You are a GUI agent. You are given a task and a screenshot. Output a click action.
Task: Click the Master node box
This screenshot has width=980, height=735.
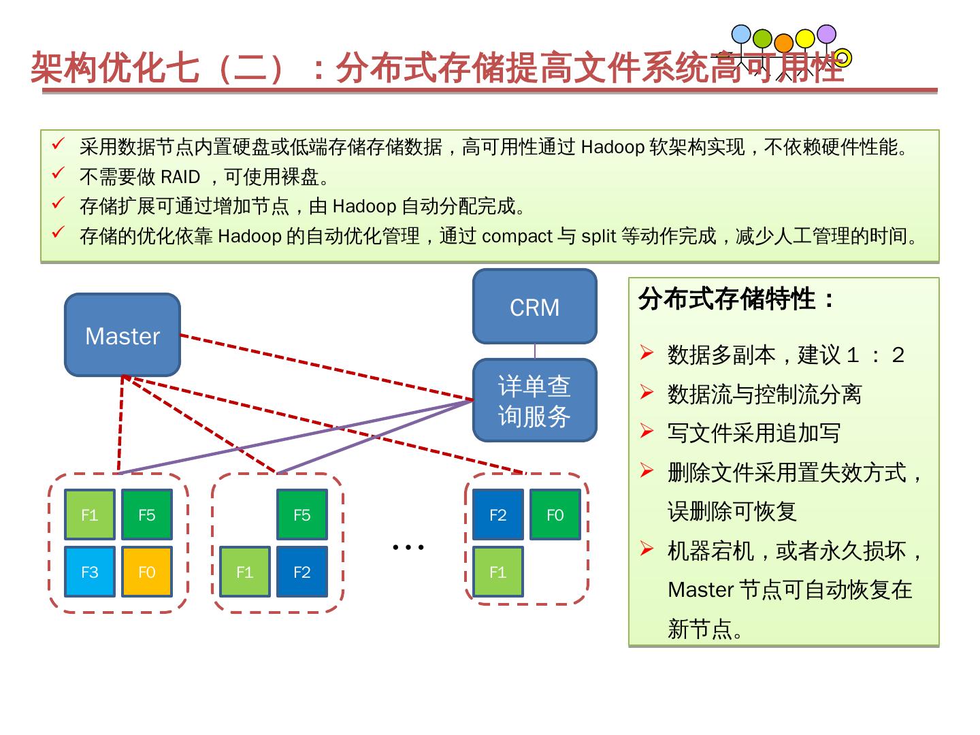pyautogui.click(x=122, y=335)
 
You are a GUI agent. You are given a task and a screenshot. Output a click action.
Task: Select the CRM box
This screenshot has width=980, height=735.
pyautogui.click(x=534, y=307)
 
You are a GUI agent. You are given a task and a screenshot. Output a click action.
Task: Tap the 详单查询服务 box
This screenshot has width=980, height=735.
pyautogui.click(x=534, y=401)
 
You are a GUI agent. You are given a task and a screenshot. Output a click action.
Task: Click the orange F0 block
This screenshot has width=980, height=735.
pyautogui.click(x=146, y=572)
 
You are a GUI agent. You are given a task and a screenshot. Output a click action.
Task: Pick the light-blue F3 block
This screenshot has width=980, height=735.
pyautogui.click(x=90, y=572)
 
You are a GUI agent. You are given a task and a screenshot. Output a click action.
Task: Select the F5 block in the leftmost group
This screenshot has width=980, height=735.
pyautogui.click(x=146, y=515)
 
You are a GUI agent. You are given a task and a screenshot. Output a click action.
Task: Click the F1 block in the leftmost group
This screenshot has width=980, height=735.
pyautogui.click(x=90, y=515)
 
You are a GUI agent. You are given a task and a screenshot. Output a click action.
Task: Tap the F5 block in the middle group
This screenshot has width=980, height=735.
pyautogui.click(x=301, y=515)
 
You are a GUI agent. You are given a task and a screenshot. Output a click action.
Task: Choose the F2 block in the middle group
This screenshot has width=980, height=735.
pyautogui.click(x=301, y=572)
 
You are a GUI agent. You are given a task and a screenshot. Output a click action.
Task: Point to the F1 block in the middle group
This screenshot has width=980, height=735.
pyautogui.click(x=245, y=572)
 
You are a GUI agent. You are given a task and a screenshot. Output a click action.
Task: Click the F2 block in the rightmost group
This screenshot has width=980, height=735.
pyautogui.click(x=498, y=515)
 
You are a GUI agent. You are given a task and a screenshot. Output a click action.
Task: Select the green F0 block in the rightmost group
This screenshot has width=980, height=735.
pyautogui.click(x=555, y=515)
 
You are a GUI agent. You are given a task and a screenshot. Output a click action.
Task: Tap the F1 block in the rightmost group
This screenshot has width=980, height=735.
pyautogui.click(x=498, y=572)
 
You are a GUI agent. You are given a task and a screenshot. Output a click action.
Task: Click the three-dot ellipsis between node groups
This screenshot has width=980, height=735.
pyautogui.click(x=408, y=546)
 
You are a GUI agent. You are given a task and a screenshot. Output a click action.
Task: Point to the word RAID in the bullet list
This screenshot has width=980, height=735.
pyautogui.click(x=180, y=177)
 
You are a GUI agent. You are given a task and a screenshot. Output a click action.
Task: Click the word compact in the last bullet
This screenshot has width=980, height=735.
pyautogui.click(x=517, y=236)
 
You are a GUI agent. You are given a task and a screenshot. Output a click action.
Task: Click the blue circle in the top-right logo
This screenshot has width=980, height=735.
pyautogui.click(x=741, y=35)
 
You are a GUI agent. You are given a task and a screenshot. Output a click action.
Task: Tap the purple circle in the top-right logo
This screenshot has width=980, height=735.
pyautogui.click(x=826, y=34)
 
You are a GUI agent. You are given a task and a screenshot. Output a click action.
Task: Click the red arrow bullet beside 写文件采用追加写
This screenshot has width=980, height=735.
pyautogui.click(x=647, y=431)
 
